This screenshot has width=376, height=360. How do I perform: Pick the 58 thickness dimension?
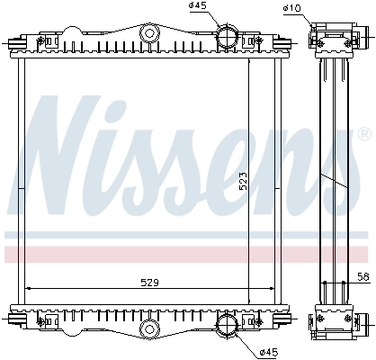click(363, 276)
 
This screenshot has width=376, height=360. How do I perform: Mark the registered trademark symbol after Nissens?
click(363, 134)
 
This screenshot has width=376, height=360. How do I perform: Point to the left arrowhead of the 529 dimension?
click(27, 288)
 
